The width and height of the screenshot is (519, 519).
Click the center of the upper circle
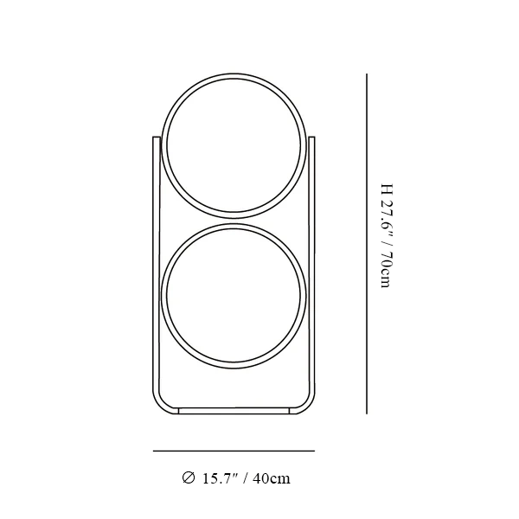coord(234,146)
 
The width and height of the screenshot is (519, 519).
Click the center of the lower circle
coord(234,296)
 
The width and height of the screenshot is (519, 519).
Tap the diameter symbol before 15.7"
coord(189,477)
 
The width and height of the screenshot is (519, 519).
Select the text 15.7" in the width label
coord(220,478)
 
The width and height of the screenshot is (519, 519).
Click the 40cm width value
coord(272,478)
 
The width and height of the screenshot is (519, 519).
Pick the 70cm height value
coord(387,270)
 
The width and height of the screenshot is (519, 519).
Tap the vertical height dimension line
coord(367,244)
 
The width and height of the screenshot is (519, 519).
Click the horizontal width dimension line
coord(234,451)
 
